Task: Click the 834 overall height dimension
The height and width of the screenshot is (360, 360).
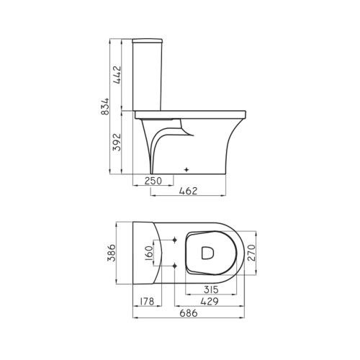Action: [x=105, y=107]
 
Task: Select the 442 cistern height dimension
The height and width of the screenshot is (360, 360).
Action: [x=117, y=74]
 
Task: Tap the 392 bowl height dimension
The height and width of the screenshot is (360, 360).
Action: [x=117, y=142]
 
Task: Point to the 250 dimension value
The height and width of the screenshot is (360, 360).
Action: [x=153, y=181]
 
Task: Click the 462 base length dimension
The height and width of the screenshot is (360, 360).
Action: [x=189, y=191]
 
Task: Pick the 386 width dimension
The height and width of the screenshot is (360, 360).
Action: [x=112, y=253]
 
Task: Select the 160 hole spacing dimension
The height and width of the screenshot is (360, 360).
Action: [x=149, y=253]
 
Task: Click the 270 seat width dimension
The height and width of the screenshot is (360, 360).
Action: [x=251, y=253]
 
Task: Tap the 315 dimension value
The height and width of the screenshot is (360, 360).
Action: [x=211, y=289]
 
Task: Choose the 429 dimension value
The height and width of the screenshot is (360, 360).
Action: [x=210, y=302]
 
